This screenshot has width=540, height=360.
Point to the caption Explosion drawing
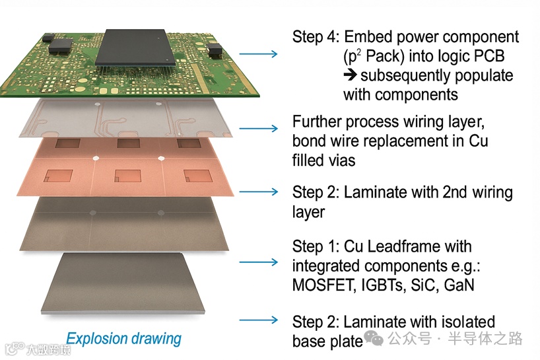pyautogui.click(x=123, y=339)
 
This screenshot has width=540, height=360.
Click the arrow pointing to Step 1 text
pyautogui.click(x=258, y=262)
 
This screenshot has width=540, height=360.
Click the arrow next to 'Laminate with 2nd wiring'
pyautogui.click(x=258, y=192)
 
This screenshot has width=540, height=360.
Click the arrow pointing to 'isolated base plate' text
pyautogui.click(x=258, y=320)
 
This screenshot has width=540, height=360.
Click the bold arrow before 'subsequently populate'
pyautogui.click(x=350, y=75)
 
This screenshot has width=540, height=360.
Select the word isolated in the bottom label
pyautogui.click(x=467, y=322)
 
